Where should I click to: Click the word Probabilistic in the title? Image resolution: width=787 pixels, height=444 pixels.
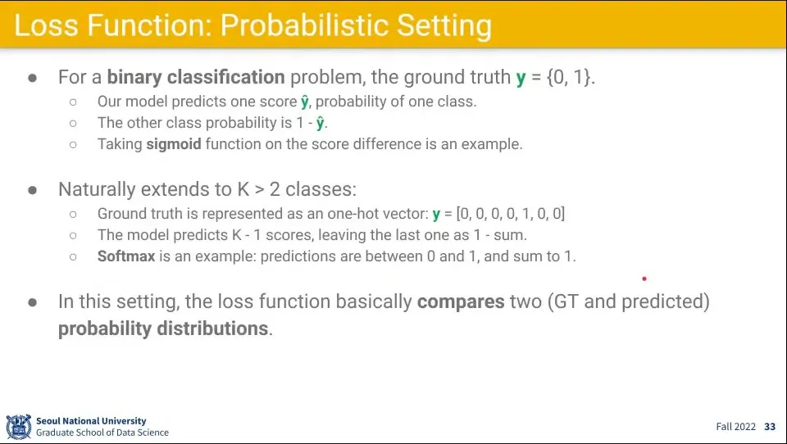[x=305, y=25]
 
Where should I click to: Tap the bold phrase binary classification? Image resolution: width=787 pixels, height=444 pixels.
[x=196, y=77]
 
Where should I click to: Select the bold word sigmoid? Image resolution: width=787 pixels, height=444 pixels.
[x=174, y=144]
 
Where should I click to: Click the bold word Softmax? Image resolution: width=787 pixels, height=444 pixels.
[x=126, y=256]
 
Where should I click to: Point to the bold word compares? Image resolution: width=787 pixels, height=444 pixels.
[x=461, y=301]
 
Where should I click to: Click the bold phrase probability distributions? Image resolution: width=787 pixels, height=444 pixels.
[x=163, y=328]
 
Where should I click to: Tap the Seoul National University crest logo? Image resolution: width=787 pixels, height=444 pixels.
[x=19, y=427]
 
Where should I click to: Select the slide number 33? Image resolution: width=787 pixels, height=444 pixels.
[x=770, y=427]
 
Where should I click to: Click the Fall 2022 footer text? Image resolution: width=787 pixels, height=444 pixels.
[x=736, y=427]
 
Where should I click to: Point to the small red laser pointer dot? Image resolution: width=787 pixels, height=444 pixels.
[x=644, y=279]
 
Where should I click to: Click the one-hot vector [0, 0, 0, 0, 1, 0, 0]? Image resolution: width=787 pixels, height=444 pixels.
[x=511, y=214]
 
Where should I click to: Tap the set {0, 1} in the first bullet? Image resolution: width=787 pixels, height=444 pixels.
[x=569, y=77]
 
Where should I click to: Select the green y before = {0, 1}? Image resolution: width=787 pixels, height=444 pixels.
[x=521, y=79]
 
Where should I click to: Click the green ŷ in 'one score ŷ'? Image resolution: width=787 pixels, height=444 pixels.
[x=305, y=102]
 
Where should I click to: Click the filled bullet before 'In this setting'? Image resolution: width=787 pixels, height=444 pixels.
[x=33, y=302]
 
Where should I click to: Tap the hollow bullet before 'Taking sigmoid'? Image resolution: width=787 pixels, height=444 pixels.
[x=73, y=145]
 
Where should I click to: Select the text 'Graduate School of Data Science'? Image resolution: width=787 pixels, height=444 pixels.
[x=102, y=433]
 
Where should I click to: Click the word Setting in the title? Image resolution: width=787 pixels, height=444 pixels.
[x=444, y=26]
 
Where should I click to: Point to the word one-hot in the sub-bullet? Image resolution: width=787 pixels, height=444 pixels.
[x=353, y=214]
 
